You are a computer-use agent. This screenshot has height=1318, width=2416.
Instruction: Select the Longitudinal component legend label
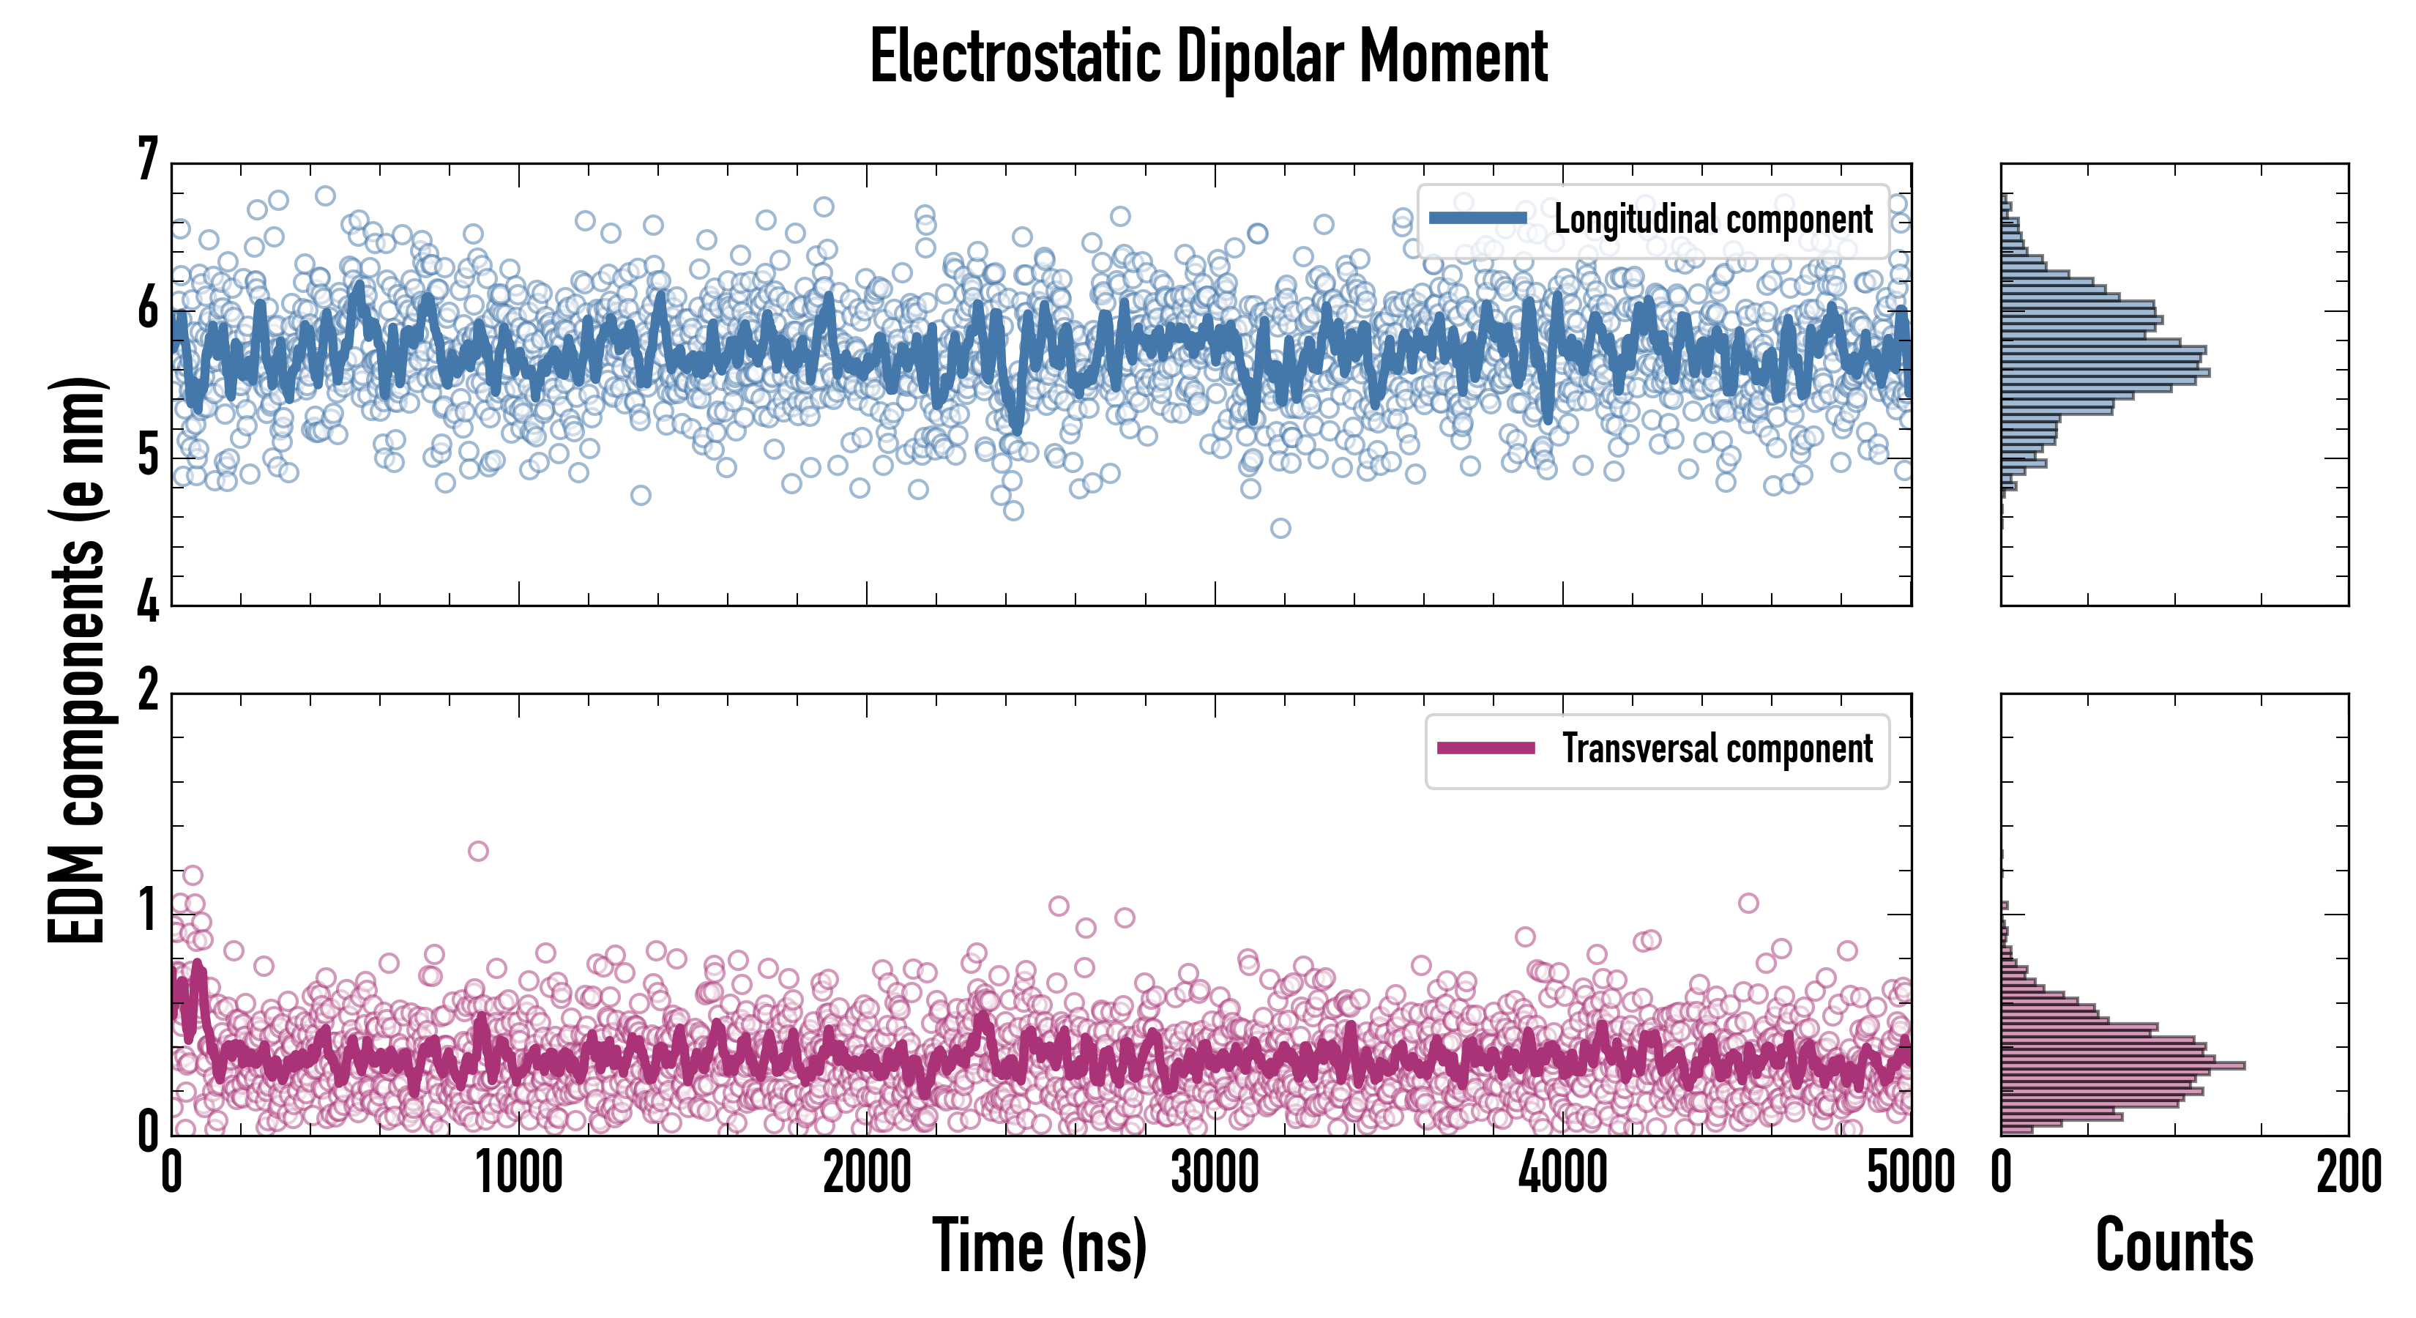[x=1712, y=220]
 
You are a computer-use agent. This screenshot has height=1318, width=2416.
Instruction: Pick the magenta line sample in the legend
[x=1485, y=748]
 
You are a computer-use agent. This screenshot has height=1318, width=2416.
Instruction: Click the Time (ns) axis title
[x=1039, y=1246]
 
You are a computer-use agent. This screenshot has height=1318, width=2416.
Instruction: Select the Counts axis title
[x=2173, y=1246]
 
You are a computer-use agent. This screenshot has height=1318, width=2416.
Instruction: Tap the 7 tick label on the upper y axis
[x=148, y=160]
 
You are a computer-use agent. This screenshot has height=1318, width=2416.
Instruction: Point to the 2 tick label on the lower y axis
[x=148, y=691]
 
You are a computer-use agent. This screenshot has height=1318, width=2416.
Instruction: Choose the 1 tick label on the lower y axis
[x=148, y=911]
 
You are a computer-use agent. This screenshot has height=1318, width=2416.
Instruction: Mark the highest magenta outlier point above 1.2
[x=478, y=851]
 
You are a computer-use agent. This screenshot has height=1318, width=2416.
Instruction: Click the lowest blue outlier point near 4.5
[x=1280, y=528]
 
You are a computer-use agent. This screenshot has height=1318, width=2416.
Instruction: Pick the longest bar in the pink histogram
[x=2122, y=1065]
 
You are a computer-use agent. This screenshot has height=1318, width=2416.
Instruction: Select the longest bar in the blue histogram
[x=2105, y=373]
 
